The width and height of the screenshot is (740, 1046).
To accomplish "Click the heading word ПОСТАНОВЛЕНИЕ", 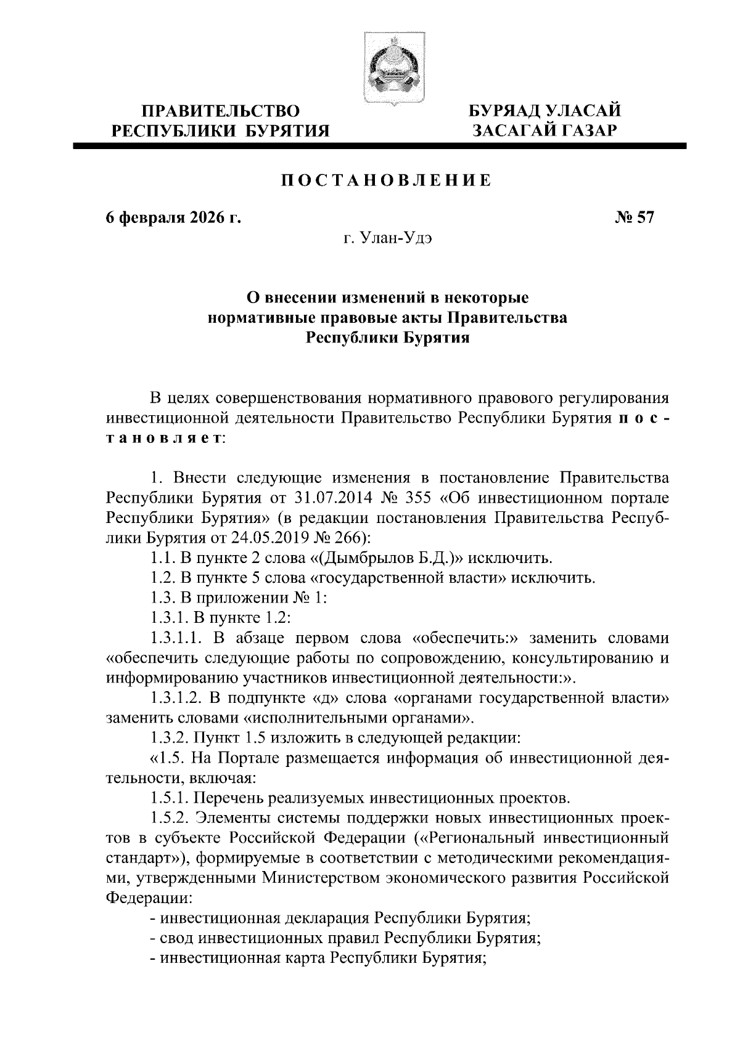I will coord(387,180).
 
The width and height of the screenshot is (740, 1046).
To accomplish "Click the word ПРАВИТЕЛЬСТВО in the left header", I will coord(221,111).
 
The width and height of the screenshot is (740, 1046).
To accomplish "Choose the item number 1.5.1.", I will coord(169,798).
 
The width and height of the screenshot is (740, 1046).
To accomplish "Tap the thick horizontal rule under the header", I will coord(379,146).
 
